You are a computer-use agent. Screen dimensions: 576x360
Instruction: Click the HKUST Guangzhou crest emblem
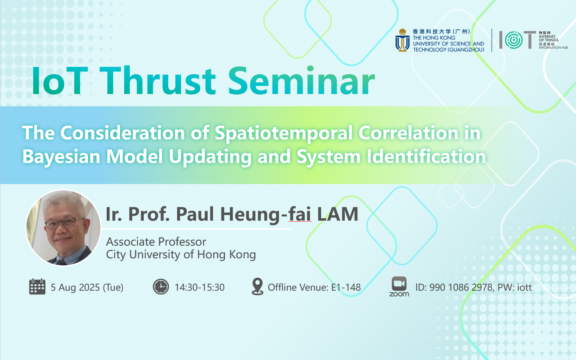[402, 40]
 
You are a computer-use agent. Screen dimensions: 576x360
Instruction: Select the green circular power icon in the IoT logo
[514, 40]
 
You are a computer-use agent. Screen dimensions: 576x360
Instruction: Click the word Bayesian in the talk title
[61, 156]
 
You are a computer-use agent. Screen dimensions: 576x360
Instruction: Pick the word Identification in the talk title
[426, 156]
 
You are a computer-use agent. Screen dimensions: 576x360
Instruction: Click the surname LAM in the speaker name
[338, 214]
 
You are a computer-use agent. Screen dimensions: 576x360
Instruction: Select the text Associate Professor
[156, 242]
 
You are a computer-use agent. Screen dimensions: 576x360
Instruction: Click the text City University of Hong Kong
[181, 255]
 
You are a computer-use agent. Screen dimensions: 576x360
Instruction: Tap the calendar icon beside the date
[37, 286]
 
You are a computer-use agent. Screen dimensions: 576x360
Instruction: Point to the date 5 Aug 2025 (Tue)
[87, 287]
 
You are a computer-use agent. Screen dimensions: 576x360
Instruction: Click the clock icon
[161, 286]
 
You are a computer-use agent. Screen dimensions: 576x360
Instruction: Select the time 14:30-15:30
[200, 287]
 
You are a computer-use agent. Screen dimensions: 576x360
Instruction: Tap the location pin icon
[257, 286]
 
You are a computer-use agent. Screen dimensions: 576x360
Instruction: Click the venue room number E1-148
[346, 287]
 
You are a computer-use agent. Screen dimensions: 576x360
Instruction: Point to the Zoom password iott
[524, 287]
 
